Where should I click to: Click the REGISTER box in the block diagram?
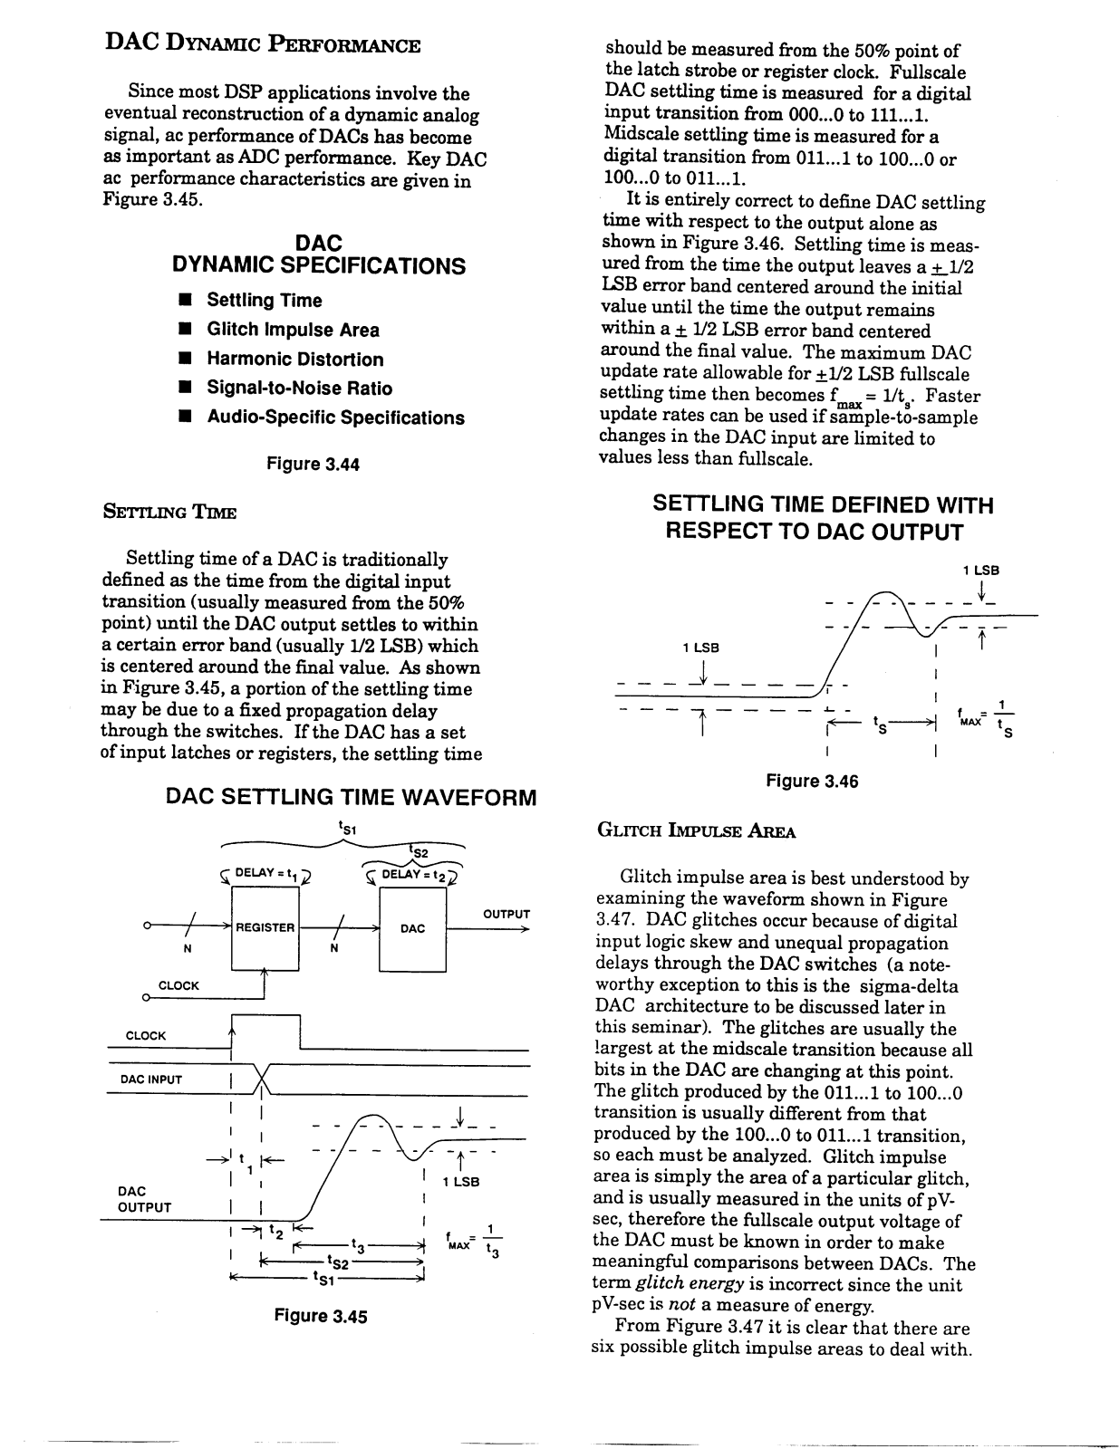pos(265,927)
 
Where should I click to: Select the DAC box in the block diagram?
pos(412,928)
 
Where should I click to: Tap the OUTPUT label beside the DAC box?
pos(506,914)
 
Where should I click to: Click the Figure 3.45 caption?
pos(321,1316)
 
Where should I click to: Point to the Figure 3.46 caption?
pos(812,781)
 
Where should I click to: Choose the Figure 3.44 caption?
pos(313,465)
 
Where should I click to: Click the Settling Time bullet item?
pos(264,301)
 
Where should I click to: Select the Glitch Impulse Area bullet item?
pos(293,330)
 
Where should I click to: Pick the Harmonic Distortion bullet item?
pos(294,360)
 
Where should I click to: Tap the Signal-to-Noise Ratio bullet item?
pos(299,389)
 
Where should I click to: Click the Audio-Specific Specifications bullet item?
pos(335,417)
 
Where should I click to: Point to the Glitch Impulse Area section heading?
pos(695,831)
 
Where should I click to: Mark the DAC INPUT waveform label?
pos(151,1080)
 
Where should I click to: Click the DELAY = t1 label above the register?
pos(266,873)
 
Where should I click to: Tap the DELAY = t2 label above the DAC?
pos(412,874)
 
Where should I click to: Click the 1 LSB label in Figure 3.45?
pos(460,1182)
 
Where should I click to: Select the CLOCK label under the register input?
pos(178,985)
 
